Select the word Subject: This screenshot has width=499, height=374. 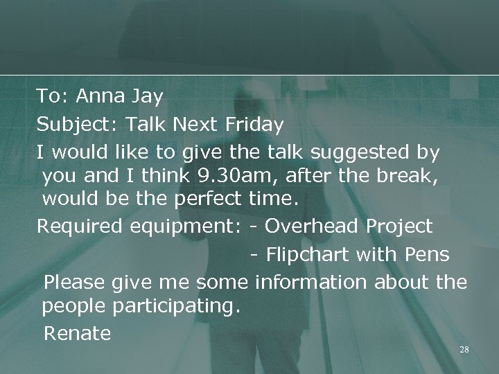pyautogui.click(x=77, y=125)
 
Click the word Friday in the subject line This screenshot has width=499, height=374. pyautogui.click(x=254, y=125)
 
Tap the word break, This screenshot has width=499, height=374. pyautogui.click(x=412, y=177)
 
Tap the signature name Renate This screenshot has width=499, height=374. pyautogui.click(x=77, y=333)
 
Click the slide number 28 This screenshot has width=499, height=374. pyautogui.click(x=464, y=350)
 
